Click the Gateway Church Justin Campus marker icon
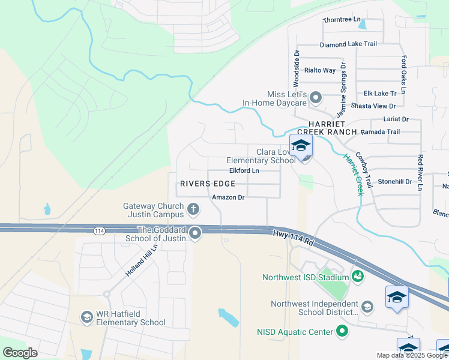[x=193, y=209]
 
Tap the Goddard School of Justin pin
[x=195, y=233]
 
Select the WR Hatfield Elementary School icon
[x=86, y=317]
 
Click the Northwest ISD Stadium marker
[x=358, y=277]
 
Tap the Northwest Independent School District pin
[x=367, y=307]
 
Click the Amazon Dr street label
[x=228, y=197]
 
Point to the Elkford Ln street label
[x=244, y=170]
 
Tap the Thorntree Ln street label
[x=342, y=20]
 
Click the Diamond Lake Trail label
[x=348, y=44]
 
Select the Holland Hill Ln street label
[x=141, y=260]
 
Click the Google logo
[x=20, y=353]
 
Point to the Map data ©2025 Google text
[x=412, y=355]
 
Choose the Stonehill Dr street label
[x=394, y=181]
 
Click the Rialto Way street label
[x=320, y=70]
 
